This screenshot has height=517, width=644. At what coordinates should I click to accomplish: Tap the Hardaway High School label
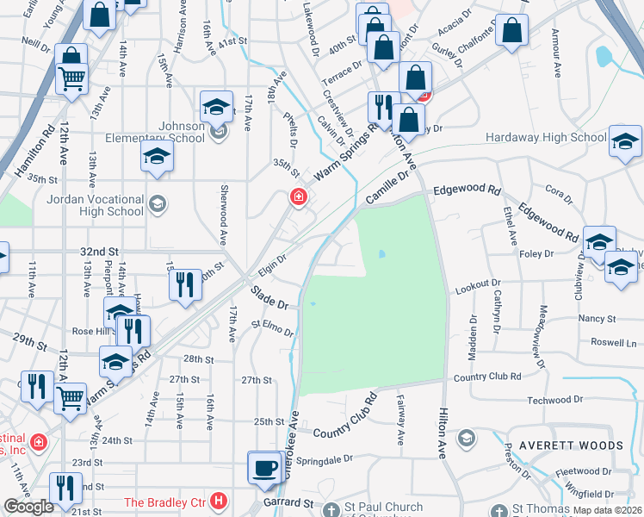click(546, 137)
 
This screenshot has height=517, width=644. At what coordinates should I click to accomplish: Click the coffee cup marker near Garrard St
click(265, 468)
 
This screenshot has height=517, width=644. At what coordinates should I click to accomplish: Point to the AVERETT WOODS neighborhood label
click(565, 445)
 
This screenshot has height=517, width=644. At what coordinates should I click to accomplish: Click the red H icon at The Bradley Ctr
click(220, 501)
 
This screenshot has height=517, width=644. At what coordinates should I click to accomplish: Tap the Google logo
click(28, 507)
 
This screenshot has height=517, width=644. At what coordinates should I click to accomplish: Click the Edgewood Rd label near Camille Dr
click(467, 189)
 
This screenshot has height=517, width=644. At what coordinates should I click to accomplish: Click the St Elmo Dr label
click(272, 327)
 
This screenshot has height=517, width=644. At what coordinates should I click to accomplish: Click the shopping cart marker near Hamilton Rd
click(71, 78)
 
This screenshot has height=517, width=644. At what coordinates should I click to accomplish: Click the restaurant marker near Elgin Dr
click(184, 285)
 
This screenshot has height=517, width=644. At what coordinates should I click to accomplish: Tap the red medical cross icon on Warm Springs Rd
click(298, 197)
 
